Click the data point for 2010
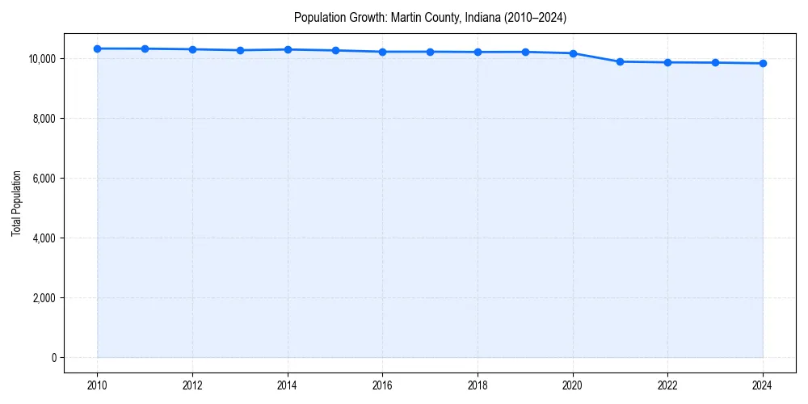[x=97, y=48]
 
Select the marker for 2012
[x=192, y=49]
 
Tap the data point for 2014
[x=288, y=49]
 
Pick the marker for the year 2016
[x=382, y=52]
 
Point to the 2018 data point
[x=478, y=52]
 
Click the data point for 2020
[x=573, y=53]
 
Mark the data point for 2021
[x=620, y=61]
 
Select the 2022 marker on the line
[x=667, y=62]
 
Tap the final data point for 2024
[x=763, y=63]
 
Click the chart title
[x=430, y=17]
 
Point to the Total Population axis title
[x=16, y=203]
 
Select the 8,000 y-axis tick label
[x=42, y=119]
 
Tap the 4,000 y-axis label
[x=42, y=238]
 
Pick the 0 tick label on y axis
[x=53, y=358]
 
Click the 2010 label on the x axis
[x=97, y=385]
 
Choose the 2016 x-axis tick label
[x=382, y=385]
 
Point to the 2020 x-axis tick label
[x=573, y=385]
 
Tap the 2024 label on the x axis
[x=763, y=385]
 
